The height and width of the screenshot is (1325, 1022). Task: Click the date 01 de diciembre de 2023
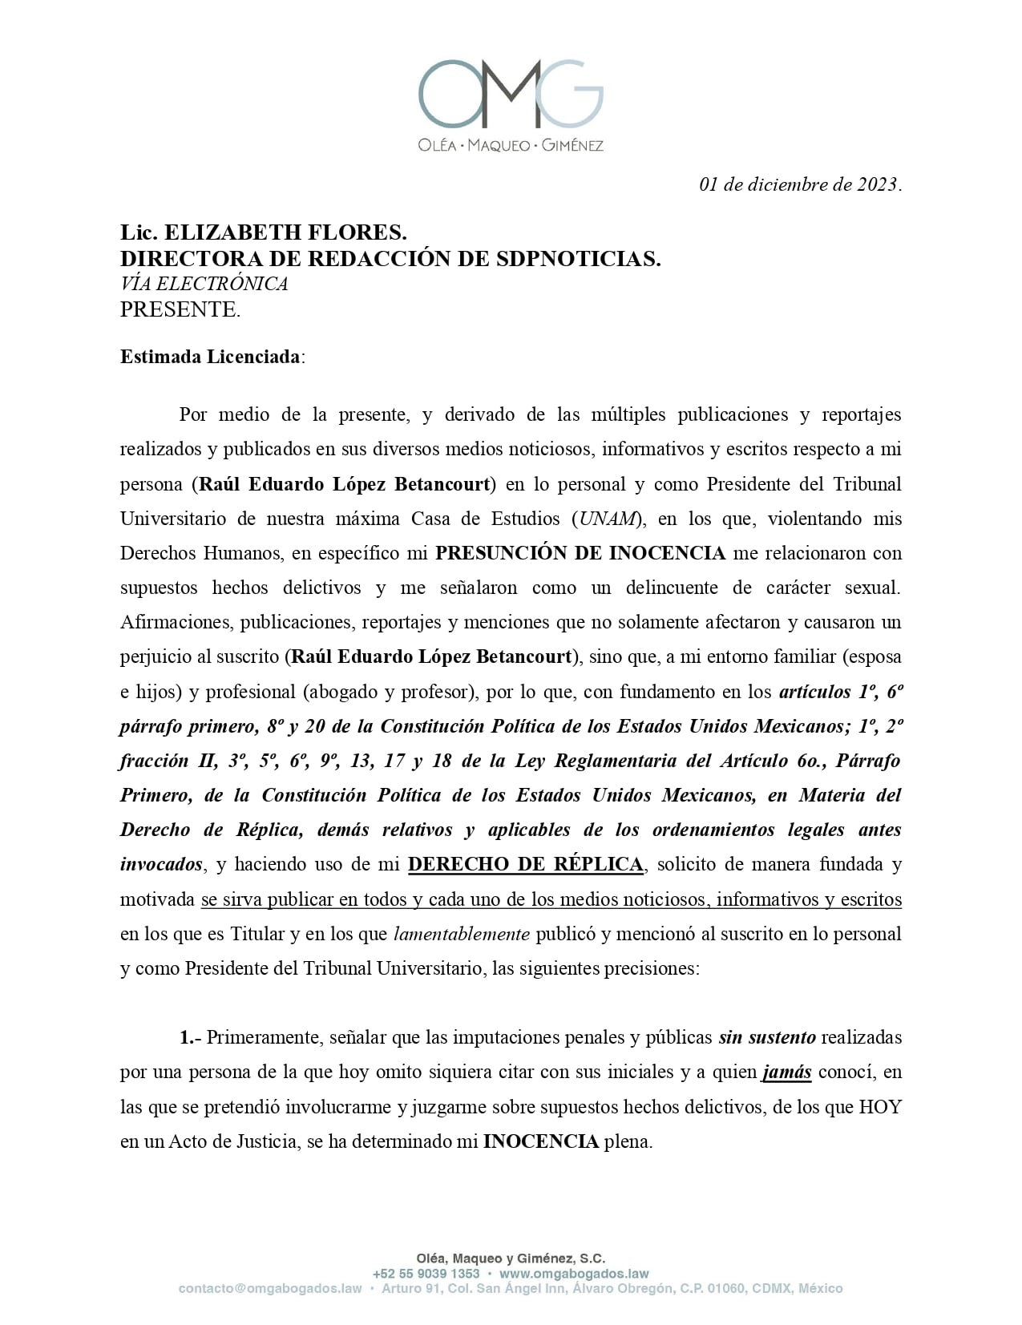[x=800, y=184]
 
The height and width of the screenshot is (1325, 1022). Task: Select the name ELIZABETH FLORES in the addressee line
[x=285, y=232]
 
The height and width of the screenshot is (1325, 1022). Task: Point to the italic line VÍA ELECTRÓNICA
[x=204, y=284]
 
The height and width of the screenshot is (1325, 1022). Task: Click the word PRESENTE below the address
[x=180, y=309]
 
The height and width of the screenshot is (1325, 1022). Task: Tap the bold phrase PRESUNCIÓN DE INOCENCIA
[x=580, y=553]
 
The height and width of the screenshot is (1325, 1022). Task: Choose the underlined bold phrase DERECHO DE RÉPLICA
[x=525, y=864]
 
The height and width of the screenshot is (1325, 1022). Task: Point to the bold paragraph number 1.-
[x=189, y=1037]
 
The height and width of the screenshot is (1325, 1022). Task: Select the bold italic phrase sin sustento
[x=767, y=1037]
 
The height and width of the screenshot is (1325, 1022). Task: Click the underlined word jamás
[x=786, y=1072]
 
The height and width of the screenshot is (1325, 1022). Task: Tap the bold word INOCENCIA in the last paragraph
[x=540, y=1141]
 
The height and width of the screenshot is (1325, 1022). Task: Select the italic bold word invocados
[x=161, y=864]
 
